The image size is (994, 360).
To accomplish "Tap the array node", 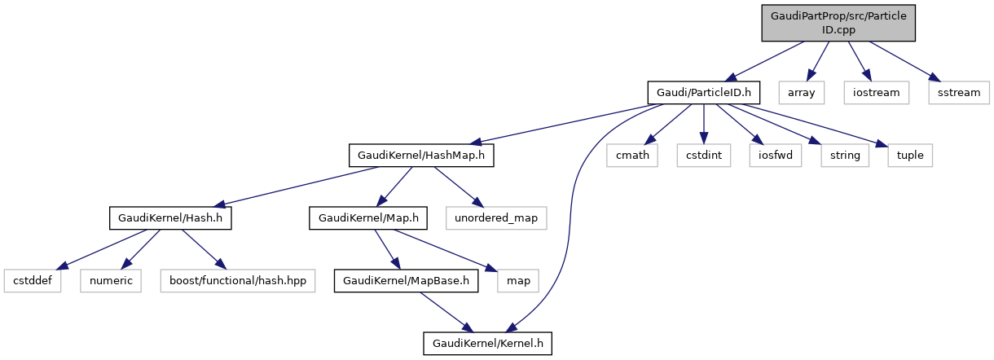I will point(801,92).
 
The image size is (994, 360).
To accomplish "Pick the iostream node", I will point(876,92).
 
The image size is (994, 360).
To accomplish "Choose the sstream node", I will point(958,92).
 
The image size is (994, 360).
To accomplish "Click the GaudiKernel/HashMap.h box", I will point(421,155).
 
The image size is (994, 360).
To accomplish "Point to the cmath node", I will point(632,155).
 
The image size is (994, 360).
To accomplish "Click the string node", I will point(845,155).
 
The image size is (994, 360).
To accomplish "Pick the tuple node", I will point(910,155).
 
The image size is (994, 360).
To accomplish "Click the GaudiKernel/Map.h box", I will point(368,218).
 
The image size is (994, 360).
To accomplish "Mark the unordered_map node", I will point(496,218).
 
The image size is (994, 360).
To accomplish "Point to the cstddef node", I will point(33,281).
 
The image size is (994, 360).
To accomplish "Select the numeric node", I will point(111,281).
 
